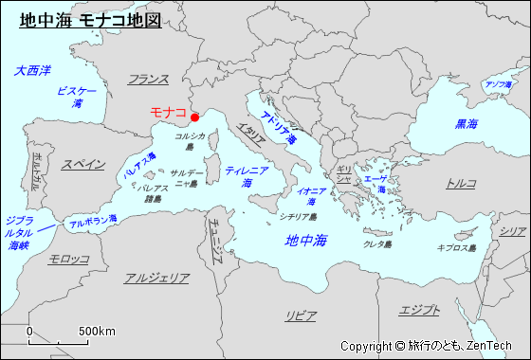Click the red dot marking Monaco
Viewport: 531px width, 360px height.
point(194,117)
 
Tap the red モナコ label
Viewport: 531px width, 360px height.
point(168,112)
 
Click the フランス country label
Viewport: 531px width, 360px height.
point(148,80)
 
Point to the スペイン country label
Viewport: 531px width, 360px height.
point(83,164)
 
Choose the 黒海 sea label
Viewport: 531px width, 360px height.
point(467,124)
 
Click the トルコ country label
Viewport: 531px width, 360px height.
point(461,183)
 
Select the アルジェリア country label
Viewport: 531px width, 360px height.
point(156,279)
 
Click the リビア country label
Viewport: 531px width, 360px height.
point(302,315)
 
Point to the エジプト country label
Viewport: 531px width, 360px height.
point(419,310)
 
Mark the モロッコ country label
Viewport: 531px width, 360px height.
point(69,259)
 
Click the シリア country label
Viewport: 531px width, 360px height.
point(513,231)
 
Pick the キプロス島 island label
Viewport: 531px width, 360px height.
point(455,247)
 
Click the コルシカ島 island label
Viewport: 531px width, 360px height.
point(190,141)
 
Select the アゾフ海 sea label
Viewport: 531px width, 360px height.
point(498,85)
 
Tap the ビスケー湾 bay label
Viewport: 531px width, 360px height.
point(77,96)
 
